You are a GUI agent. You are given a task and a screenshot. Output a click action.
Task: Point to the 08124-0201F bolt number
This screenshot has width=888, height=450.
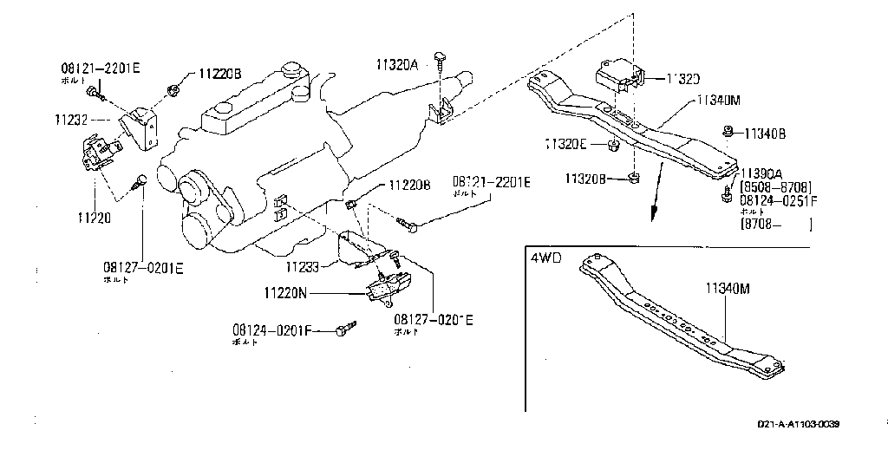coord(271,330)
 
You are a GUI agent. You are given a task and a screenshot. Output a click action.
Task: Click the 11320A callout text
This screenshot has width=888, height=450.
coord(397,64)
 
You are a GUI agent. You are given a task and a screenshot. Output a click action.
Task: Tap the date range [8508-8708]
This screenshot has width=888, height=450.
coord(775,186)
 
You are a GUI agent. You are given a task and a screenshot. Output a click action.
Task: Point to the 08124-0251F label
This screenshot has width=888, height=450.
coord(779,199)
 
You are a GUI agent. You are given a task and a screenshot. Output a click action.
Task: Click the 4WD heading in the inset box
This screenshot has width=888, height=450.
coord(545,258)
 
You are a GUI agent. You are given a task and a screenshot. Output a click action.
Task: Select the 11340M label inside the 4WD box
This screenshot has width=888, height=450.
coord(726,288)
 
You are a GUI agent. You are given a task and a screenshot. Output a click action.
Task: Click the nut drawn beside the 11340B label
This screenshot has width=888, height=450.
coord(728,132)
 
